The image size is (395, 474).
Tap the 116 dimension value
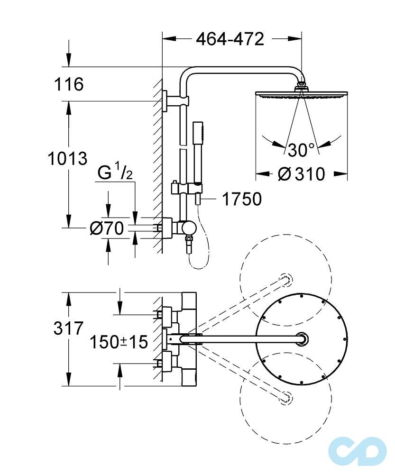68,84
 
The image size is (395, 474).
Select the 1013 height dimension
67,158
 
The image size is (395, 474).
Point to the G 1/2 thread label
114,173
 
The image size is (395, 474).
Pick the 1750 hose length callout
242,200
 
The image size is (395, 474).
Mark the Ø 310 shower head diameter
302,174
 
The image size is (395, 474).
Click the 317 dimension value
67,328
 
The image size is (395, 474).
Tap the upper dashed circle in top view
285,277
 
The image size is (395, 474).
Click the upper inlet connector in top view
166,313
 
